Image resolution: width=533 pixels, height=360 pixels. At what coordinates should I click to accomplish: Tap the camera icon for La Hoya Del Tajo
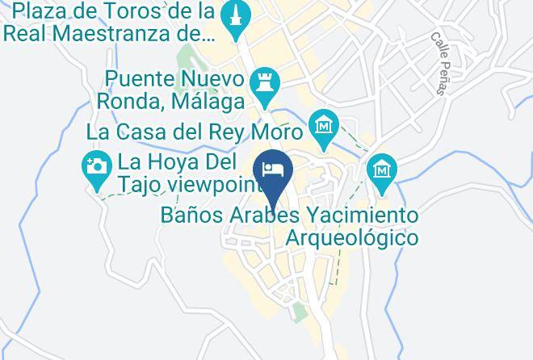pos(96,167)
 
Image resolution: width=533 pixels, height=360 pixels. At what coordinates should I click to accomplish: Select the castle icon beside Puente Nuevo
pos(265,83)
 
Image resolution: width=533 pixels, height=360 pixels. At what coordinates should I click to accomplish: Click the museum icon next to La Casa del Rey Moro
pos(324,127)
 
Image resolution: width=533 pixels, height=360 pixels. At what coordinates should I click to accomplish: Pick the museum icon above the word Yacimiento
pos(381,170)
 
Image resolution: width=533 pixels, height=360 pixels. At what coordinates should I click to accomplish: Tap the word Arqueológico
pos(352,238)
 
